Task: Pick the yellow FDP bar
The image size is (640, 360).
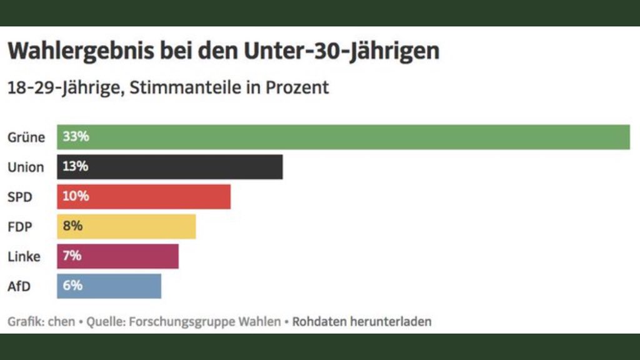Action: pyautogui.click(x=137, y=226)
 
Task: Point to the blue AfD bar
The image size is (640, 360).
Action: pyautogui.click(x=119, y=286)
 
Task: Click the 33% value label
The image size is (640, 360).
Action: pyautogui.click(x=76, y=137)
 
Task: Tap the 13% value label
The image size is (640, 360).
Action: pyautogui.click(x=76, y=167)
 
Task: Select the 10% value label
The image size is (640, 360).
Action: pyautogui.click(x=76, y=196)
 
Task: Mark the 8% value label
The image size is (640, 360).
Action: pyautogui.click(x=72, y=226)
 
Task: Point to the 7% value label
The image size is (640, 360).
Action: pyautogui.click(x=72, y=256)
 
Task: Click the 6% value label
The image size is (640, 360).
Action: pyautogui.click(x=72, y=286)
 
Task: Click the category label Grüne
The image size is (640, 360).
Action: pyautogui.click(x=26, y=137)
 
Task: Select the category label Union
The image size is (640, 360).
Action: pyautogui.click(x=26, y=167)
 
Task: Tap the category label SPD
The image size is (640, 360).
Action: pyautogui.click(x=20, y=197)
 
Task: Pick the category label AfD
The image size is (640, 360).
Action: pyautogui.click(x=19, y=286)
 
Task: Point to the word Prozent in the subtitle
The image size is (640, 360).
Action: pyautogui.click(x=297, y=87)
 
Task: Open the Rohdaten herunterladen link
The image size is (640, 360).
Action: pyautogui.click(x=362, y=322)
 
